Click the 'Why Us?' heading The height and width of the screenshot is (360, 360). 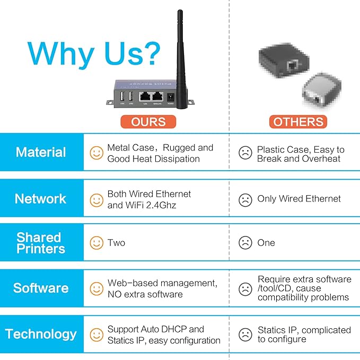pyautogui.click(x=93, y=54)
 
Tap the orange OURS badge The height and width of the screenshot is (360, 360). pyautogui.click(x=148, y=122)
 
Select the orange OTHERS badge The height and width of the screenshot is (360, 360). pyautogui.click(x=298, y=122)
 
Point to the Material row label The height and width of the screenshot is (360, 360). pyautogui.click(x=41, y=153)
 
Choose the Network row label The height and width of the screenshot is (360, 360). pyautogui.click(x=41, y=199)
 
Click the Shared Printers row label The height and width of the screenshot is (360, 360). pyautogui.click(x=40, y=243)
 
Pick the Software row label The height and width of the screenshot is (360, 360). pyautogui.click(x=41, y=288)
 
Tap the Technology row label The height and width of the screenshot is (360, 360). pyautogui.click(x=41, y=334)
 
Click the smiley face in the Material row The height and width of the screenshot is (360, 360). pyautogui.click(x=96, y=153)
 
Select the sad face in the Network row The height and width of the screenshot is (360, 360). pyautogui.click(x=245, y=200)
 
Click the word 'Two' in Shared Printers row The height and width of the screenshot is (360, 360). pyautogui.click(x=116, y=243)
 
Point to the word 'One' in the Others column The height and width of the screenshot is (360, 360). pyautogui.click(x=266, y=243)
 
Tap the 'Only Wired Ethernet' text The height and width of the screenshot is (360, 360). pyautogui.click(x=299, y=199)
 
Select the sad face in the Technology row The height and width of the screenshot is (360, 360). pyautogui.click(x=245, y=335)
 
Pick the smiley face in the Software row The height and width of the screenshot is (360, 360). pyautogui.click(x=96, y=289)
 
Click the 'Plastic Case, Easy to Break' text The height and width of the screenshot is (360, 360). pyautogui.click(x=300, y=154)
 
